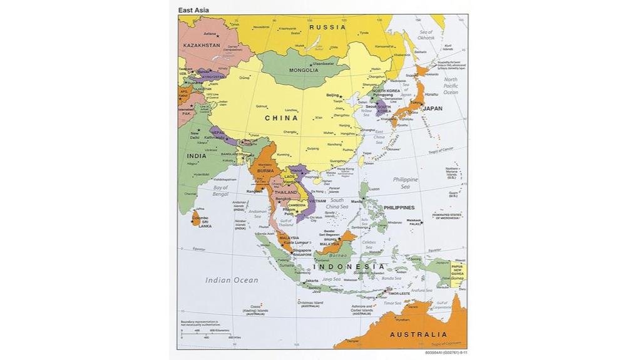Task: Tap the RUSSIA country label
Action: pyautogui.click(x=327, y=27)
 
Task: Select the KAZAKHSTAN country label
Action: pyautogui.click(x=202, y=46)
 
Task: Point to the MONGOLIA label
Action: pyautogui.click(x=304, y=70)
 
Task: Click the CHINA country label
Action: pyautogui.click(x=281, y=118)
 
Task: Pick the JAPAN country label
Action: pyautogui.click(x=433, y=108)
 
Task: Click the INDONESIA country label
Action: pyautogui.click(x=349, y=267)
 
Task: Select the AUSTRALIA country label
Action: pyautogui.click(x=419, y=334)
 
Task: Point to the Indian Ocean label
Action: pyautogui.click(x=232, y=280)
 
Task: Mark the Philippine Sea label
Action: pyautogui.click(x=405, y=183)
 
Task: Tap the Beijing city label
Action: pyautogui.click(x=332, y=95)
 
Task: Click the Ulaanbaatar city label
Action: pyautogui.click(x=324, y=63)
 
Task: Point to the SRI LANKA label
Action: pyautogui.click(x=205, y=224)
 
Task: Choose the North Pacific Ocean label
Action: pyautogui.click(x=451, y=86)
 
